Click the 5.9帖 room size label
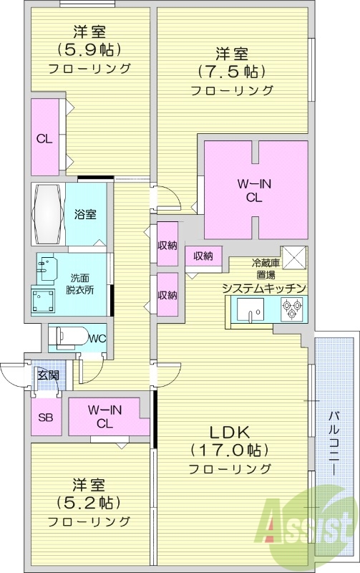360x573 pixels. pos(89,50)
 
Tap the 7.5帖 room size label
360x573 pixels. pos(232,72)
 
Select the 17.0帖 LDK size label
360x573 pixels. pos(229,451)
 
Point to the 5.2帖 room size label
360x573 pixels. pos(89,502)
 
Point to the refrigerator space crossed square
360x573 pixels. pos(293,257)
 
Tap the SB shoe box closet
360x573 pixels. pos(43,418)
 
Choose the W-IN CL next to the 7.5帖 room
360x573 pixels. pos(255,190)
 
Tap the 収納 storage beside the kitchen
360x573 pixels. pos(203,256)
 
